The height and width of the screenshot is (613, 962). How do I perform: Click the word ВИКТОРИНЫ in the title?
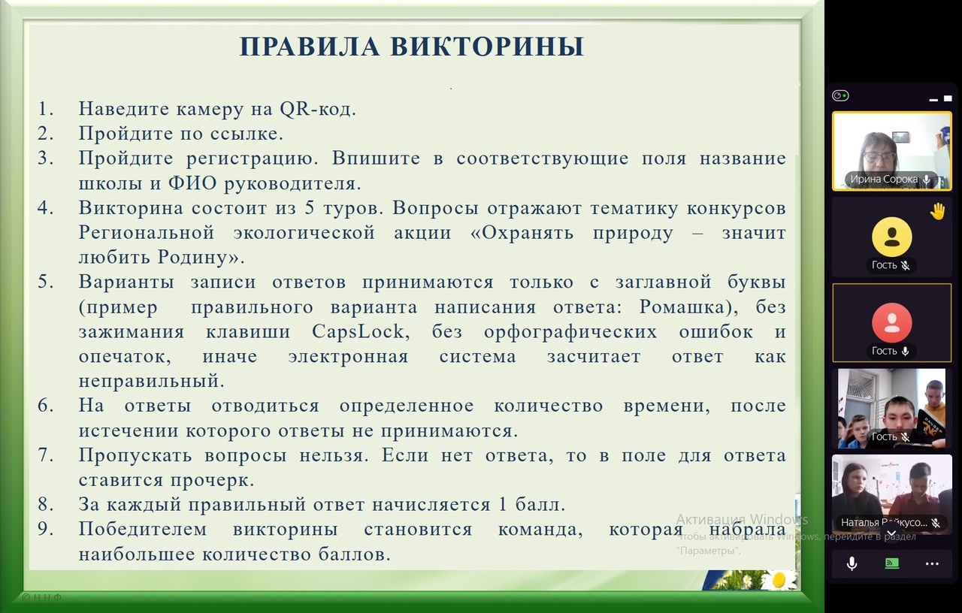tap(488, 47)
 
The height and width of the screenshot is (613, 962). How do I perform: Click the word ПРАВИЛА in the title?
tap(310, 47)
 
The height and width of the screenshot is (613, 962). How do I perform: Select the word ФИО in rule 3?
tap(192, 183)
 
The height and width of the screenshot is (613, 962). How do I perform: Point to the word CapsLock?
tap(358, 331)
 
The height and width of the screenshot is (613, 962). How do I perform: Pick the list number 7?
tap(44, 455)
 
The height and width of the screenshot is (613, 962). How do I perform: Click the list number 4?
tap(44, 208)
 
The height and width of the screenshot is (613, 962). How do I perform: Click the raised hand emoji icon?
tap(937, 212)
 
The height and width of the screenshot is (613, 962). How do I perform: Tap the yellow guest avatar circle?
tap(891, 237)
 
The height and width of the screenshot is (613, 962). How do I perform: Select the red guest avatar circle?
tap(891, 323)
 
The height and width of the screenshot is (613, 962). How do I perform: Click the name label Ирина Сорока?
tap(884, 180)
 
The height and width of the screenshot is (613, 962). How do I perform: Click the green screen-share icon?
tap(892, 563)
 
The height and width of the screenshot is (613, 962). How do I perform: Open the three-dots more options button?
tap(932, 563)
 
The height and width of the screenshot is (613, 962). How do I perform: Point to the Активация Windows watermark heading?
tap(742, 519)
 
